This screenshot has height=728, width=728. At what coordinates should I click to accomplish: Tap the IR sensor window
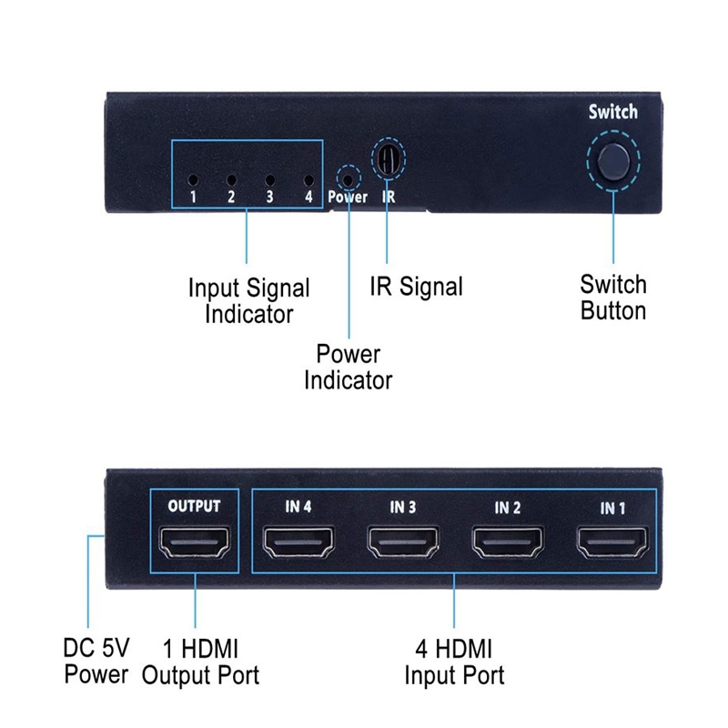pos(387,160)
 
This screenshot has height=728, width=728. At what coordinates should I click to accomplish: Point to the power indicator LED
pos(348,176)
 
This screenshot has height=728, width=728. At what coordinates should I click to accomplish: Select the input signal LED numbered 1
pos(194,179)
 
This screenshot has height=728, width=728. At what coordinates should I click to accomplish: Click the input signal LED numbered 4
pos(308,179)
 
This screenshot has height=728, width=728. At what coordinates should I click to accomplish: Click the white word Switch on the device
pos(612,113)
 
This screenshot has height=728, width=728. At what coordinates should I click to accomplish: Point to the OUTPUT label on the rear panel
pos(195,506)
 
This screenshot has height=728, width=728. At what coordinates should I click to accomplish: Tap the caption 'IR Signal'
pos(416,287)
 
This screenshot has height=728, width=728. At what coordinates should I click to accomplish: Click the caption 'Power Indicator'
pos(348,366)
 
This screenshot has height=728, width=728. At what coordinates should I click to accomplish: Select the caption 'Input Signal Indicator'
pos(248,301)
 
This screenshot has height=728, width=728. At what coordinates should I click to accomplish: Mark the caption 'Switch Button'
pos(613,297)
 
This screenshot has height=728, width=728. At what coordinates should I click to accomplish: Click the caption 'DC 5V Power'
pos(96,661)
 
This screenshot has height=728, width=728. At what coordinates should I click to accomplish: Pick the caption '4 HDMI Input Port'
pos(454,662)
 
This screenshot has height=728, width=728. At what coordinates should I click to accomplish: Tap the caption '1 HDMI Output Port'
pos(201,662)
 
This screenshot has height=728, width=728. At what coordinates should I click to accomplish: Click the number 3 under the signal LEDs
pos(269,197)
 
